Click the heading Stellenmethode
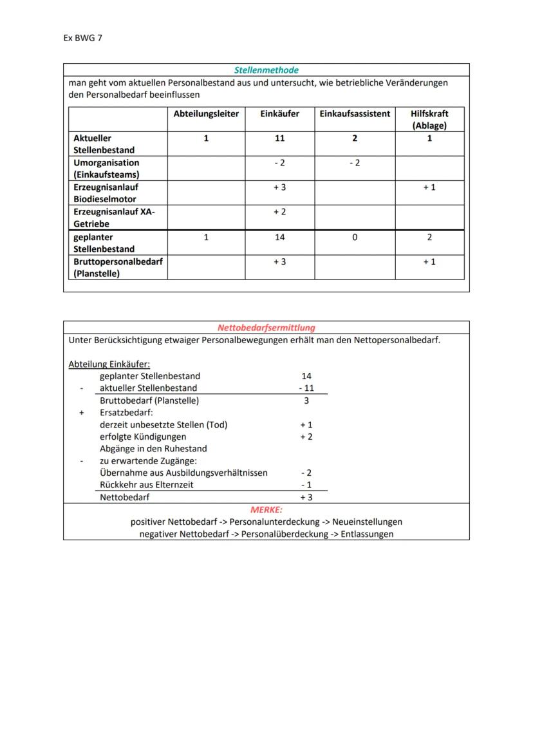point(266,70)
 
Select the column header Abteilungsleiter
point(206,113)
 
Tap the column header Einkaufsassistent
point(355,113)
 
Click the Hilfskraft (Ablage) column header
point(429,119)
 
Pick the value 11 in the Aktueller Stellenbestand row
point(279,138)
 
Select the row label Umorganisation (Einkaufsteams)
point(106,169)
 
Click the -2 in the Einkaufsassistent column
point(355,163)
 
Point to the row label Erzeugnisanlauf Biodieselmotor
point(105,193)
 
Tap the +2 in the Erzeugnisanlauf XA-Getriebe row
point(279,212)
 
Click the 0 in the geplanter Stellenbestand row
point(355,238)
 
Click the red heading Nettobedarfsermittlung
point(266,328)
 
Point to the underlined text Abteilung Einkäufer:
point(109,364)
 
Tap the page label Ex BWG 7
point(82,38)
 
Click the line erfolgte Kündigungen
point(143,437)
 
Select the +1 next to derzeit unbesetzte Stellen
point(306,425)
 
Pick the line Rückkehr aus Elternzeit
point(146,485)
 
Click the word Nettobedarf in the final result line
point(124,498)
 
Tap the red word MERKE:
point(266,509)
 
